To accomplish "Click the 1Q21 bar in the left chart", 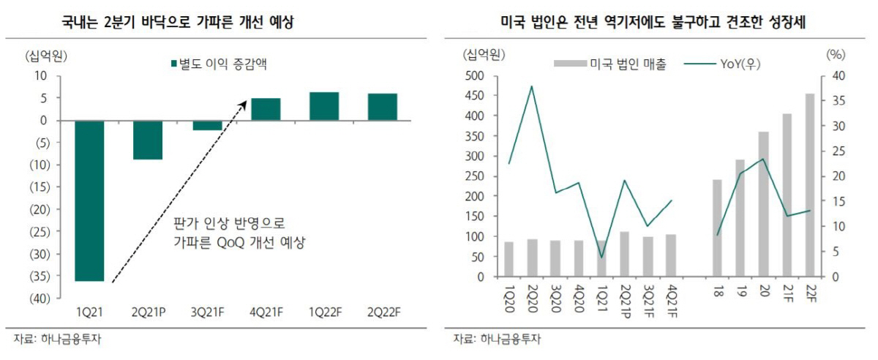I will pyautogui.click(x=89, y=200).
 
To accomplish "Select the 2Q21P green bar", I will pyautogui.click(x=148, y=140).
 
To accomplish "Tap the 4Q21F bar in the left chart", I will pyautogui.click(x=266, y=109).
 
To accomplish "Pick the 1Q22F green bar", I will pyautogui.click(x=324, y=106).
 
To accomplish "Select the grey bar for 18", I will pyautogui.click(x=717, y=228).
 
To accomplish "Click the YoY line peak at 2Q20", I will pyautogui.click(x=531, y=86).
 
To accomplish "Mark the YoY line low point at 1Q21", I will pyautogui.click(x=601, y=258).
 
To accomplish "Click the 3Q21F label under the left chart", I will pyautogui.click(x=207, y=312).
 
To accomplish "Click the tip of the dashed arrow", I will pyautogui.click(x=245, y=103).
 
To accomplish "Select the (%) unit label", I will pyautogui.click(x=835, y=53).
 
